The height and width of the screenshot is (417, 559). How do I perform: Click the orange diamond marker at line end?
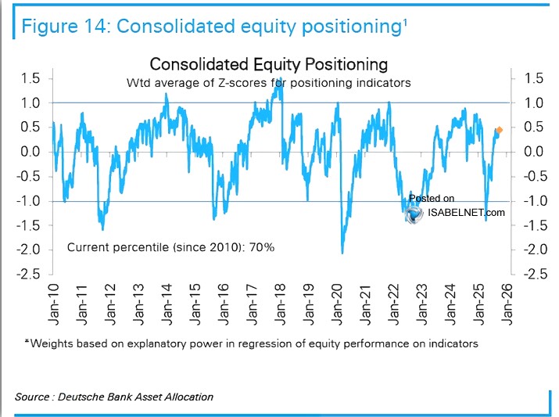coord(500,129)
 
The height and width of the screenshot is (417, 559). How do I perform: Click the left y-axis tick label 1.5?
coord(30,77)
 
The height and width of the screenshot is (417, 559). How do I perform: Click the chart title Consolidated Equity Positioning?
coord(268,63)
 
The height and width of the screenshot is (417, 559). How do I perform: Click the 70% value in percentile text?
coord(261,247)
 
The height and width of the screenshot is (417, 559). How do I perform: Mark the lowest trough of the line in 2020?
coord(342,252)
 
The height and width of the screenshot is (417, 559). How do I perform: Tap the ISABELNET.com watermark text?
coord(468,212)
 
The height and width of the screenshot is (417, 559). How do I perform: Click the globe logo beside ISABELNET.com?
coord(414,212)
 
